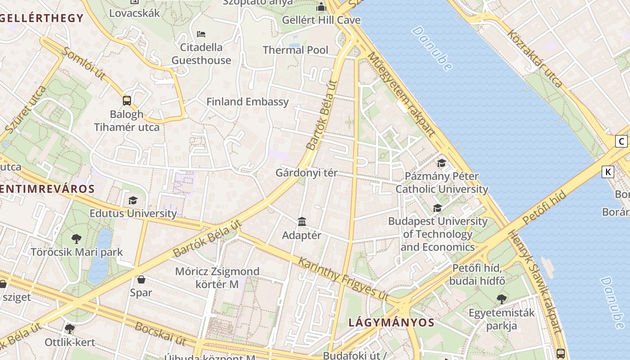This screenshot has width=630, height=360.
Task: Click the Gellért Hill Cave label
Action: tap(321, 20)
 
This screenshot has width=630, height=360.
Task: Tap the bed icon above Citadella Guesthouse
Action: tap(201, 34)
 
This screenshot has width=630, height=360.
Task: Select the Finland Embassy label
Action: tap(247, 102)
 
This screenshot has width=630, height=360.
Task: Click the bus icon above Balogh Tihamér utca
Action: tap(127, 100)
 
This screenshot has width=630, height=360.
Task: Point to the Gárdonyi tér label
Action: tap(306, 173)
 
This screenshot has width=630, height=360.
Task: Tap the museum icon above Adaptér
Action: tap(302, 222)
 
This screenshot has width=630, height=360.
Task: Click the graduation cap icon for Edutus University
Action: tap(133, 200)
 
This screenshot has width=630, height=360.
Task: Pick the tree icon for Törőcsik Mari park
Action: tap(76, 239)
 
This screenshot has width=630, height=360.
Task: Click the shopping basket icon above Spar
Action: tap(141, 279)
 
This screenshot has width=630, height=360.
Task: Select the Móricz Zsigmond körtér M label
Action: tap(217, 278)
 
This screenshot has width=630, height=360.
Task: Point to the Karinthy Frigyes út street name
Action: tap(343, 279)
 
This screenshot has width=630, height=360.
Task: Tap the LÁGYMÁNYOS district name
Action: tap(391, 323)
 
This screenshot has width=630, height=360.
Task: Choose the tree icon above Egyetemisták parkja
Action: tap(501, 299)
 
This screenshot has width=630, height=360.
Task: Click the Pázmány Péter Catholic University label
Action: tap(441, 182)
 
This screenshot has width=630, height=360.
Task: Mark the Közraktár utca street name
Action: tap(535, 58)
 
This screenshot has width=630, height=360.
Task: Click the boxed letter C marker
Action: tap(621, 141)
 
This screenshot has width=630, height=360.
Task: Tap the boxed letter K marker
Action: tap(608, 171)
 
